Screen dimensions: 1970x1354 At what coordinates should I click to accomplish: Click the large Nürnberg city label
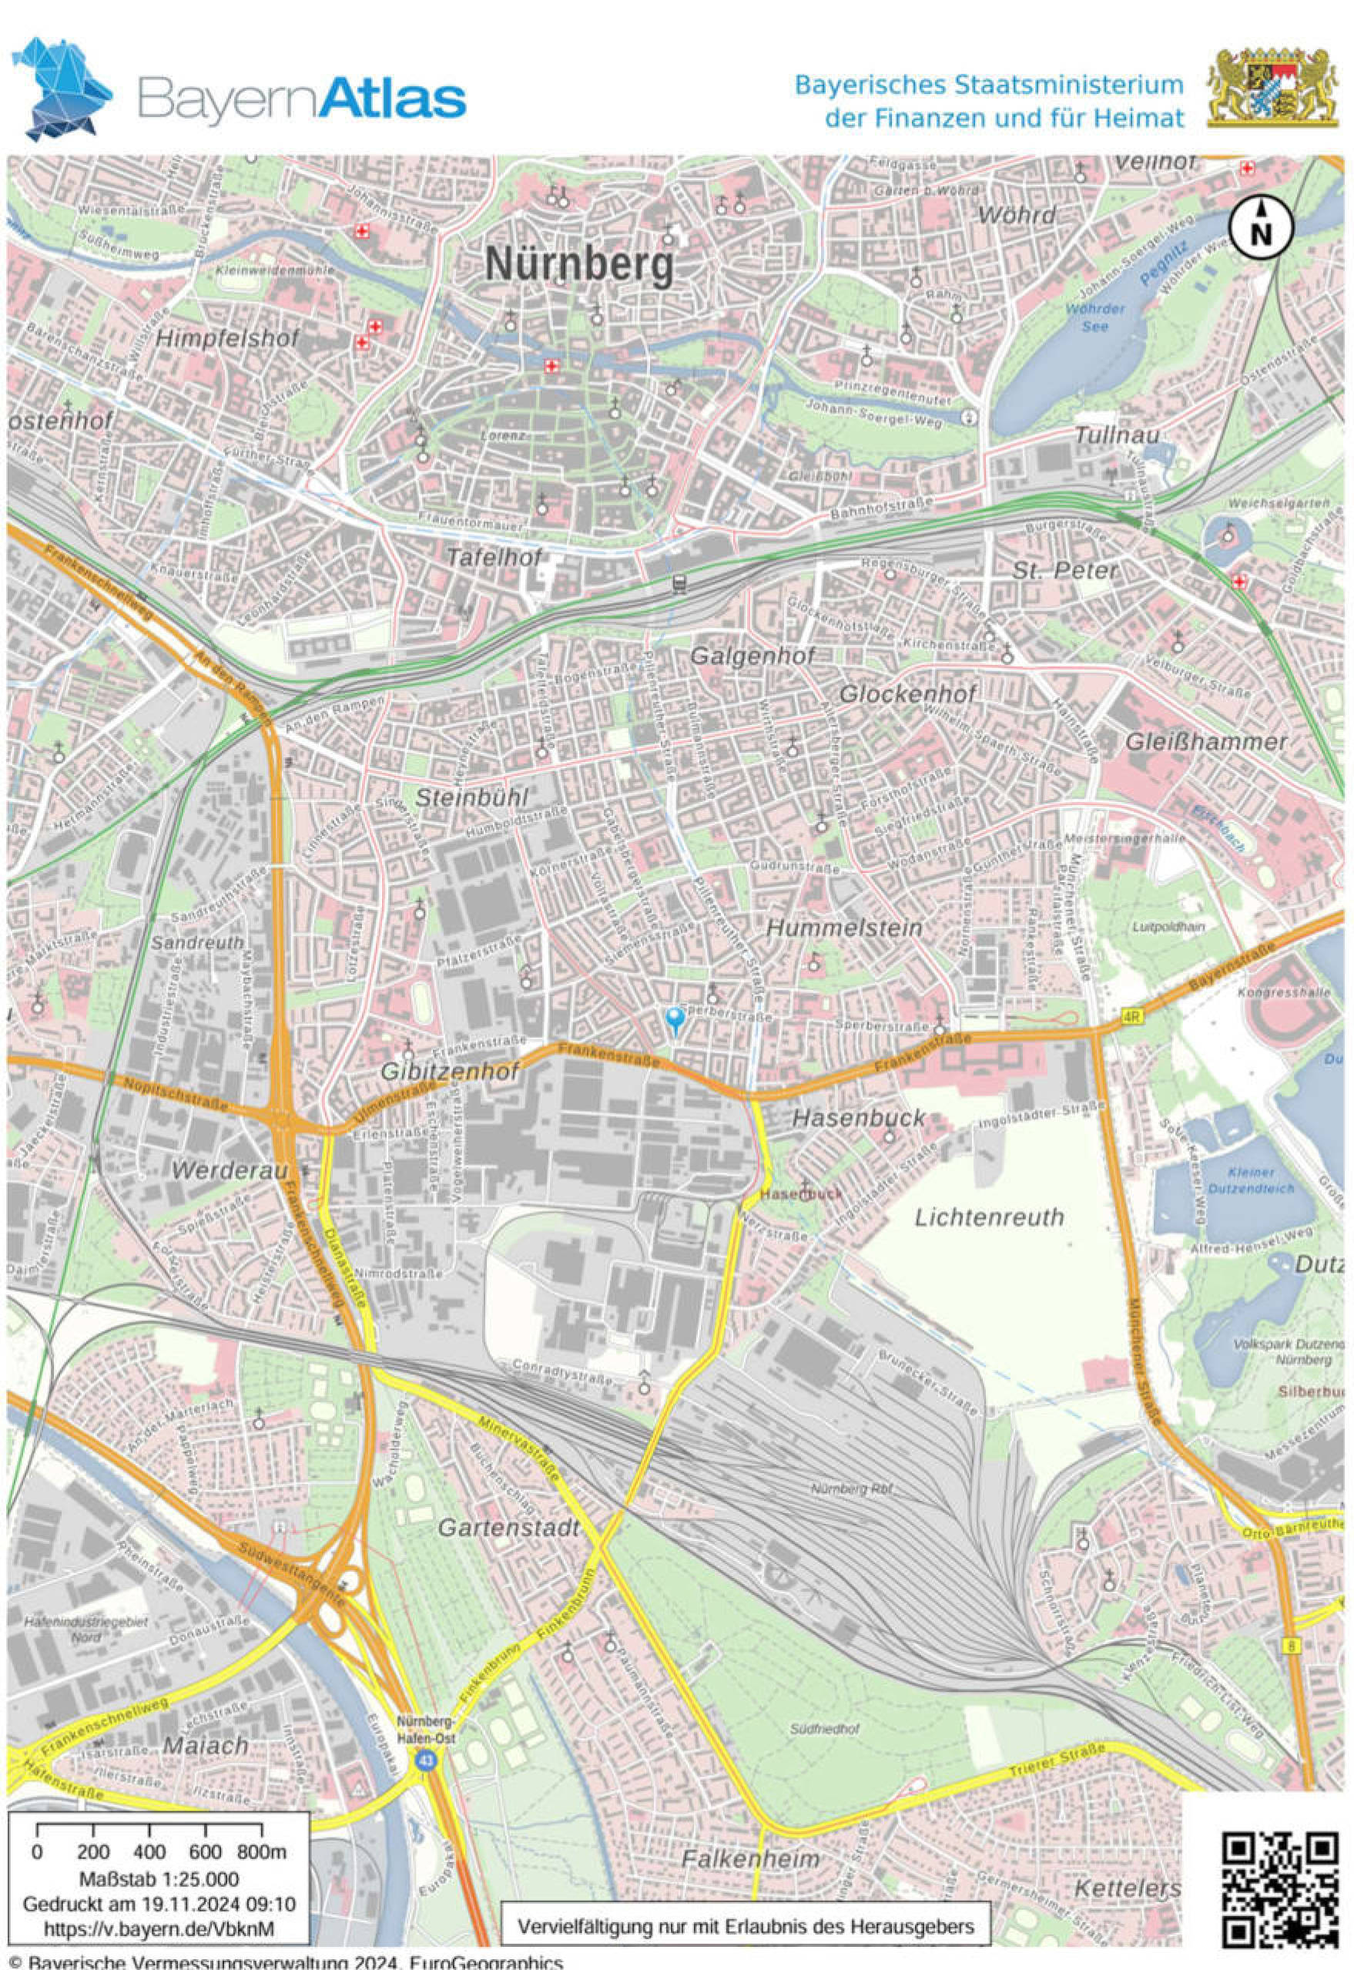click(579, 267)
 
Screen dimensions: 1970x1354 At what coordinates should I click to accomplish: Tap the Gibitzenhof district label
click(449, 1072)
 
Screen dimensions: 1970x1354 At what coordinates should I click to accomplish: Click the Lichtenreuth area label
click(989, 1217)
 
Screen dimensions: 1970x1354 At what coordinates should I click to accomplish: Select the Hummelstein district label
click(844, 928)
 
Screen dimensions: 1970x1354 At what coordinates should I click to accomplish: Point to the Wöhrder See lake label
click(1094, 317)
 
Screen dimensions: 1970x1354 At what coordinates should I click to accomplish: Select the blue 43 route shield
click(424, 1761)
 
